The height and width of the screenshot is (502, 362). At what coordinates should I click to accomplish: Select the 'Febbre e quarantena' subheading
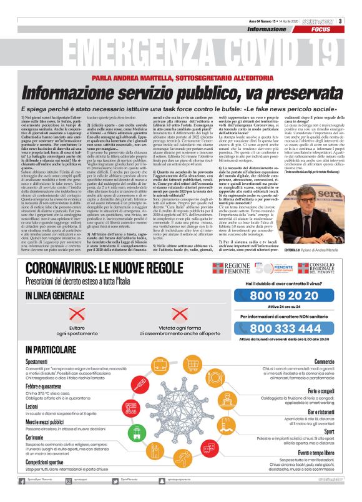point(44,387)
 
